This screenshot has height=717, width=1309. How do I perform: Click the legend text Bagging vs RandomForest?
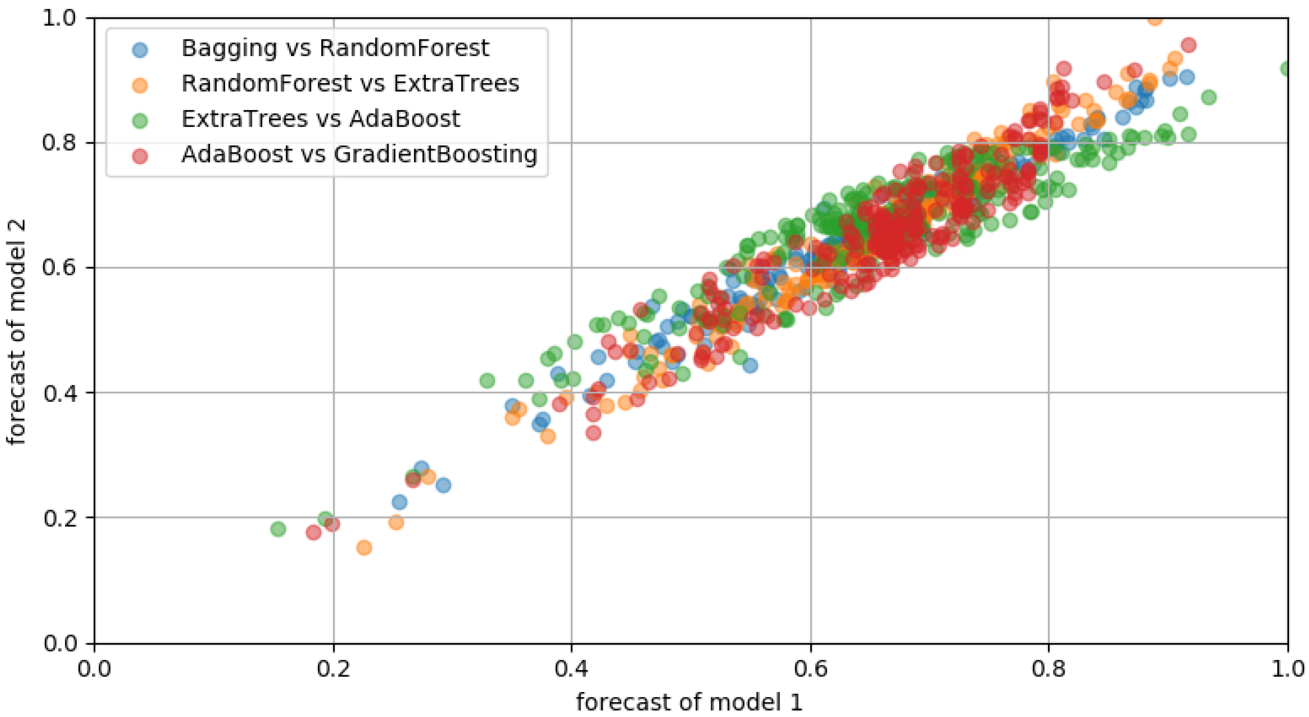335,48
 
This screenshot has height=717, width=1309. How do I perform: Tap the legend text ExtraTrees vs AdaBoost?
320,119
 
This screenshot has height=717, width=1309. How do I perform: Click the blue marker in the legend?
139,49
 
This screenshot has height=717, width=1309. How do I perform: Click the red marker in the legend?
139,156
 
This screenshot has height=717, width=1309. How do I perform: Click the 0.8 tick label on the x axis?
1048,669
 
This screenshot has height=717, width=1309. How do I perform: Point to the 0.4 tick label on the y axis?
60,393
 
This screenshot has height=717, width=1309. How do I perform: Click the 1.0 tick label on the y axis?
60,18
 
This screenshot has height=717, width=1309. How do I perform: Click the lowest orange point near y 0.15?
364,548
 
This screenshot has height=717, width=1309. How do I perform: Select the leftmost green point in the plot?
278,529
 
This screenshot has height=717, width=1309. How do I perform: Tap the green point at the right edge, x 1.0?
1285,69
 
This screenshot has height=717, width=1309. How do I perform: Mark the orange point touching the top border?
1155,19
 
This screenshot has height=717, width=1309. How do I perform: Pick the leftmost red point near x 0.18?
314,533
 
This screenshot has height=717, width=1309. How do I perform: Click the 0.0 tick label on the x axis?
95,669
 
